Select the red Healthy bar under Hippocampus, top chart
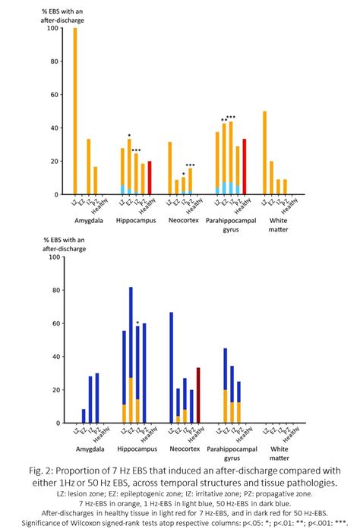(x=150, y=178)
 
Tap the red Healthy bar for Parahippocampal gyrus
(x=244, y=167)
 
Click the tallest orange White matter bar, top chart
(x=264, y=153)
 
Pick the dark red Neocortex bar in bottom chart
(x=198, y=395)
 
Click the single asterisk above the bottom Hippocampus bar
(x=137, y=323)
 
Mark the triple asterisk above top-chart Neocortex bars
(x=191, y=165)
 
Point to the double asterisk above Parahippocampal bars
(x=223, y=120)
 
